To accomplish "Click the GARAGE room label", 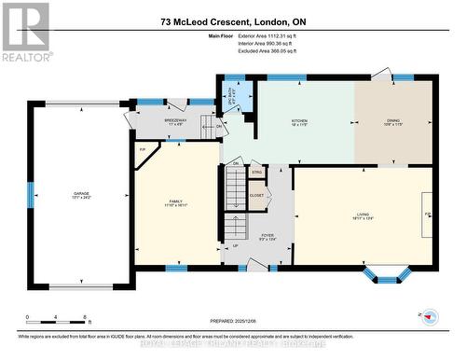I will pos(82,194).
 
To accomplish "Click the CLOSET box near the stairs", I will pos(255,195).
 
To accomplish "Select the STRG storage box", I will pos(256,173).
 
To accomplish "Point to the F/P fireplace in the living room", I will pos(428,214).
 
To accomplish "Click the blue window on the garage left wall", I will pos(31,194).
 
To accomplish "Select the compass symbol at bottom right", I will pos(430,316).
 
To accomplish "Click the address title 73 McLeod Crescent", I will pos(233,21).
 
